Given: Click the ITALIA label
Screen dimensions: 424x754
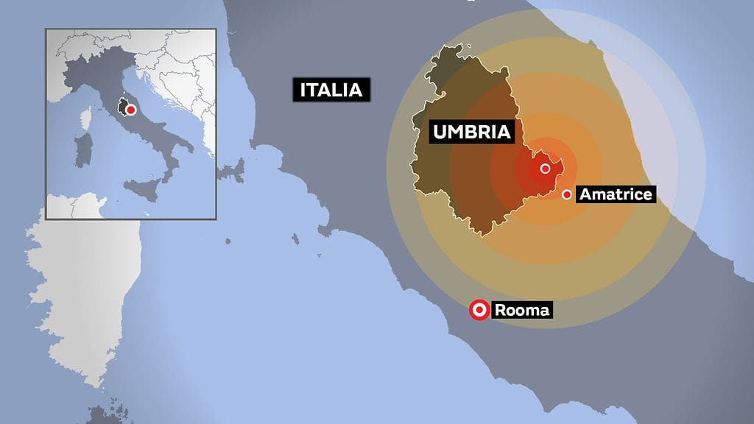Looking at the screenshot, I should click(331, 90).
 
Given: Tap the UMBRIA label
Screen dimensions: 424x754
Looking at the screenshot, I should click(471, 132).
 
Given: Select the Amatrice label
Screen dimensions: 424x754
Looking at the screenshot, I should click(615, 194).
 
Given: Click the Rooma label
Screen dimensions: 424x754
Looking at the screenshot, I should click(522, 311).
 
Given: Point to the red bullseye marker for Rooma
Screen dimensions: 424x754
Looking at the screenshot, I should click(479, 311).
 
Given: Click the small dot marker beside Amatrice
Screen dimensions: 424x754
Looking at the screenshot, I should click(567, 194).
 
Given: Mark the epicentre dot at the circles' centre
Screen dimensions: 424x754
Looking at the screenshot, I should click(545, 169).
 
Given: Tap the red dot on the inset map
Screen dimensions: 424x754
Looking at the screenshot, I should click(130, 110).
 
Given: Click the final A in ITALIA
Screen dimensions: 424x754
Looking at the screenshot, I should click(356, 90).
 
